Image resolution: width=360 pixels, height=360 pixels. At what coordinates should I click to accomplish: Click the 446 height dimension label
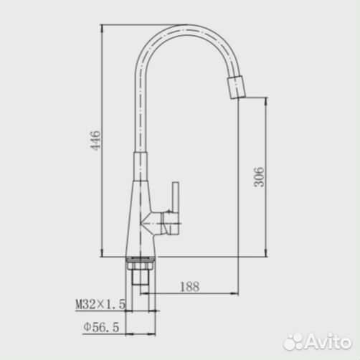(x=95, y=141)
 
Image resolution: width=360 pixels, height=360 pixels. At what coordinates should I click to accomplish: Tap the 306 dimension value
(x=259, y=177)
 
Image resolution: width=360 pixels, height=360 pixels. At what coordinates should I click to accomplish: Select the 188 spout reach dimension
(x=190, y=287)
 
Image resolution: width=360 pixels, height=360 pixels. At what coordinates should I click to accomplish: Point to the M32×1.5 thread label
(x=100, y=304)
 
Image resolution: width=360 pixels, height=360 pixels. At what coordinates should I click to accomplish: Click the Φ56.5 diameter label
(x=101, y=327)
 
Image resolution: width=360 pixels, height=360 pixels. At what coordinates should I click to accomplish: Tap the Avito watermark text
(x=328, y=341)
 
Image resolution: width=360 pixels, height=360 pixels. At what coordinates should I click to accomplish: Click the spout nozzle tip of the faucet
(x=236, y=87)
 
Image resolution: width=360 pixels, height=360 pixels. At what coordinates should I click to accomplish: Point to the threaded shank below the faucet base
(x=141, y=277)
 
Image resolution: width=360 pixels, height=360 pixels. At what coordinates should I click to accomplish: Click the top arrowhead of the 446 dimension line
(x=102, y=27)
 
